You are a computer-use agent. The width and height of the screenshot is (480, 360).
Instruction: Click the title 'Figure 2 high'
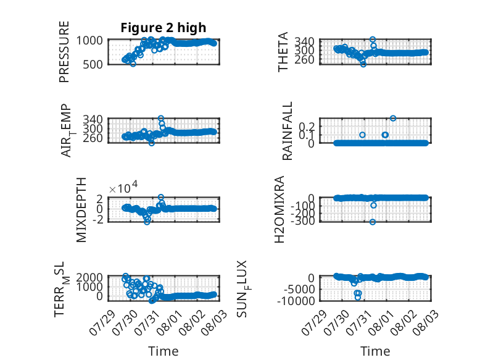tap(163, 28)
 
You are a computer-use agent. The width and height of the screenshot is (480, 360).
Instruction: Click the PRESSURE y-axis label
tap(64, 52)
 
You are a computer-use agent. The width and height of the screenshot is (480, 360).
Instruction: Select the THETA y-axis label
tap(283, 52)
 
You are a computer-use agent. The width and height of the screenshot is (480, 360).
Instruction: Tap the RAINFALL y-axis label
tap(287, 131)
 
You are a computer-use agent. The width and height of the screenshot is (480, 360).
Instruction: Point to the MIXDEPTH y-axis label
tap(81, 210)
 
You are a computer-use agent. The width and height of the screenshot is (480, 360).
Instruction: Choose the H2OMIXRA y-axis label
tap(279, 209)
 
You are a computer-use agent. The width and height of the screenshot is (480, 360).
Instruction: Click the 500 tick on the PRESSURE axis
tap(93, 65)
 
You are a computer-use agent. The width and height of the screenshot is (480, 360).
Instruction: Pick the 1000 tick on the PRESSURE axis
tap(89, 40)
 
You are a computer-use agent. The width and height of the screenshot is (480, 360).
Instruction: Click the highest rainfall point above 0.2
tap(393, 119)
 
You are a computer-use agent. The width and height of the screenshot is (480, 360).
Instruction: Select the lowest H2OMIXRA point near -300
tap(373, 222)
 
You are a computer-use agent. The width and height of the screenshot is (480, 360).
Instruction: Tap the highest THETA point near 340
tap(373, 40)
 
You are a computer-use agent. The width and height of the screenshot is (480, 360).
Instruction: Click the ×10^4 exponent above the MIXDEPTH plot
tap(123, 188)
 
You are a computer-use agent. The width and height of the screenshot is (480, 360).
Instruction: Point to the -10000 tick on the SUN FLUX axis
tap(296, 301)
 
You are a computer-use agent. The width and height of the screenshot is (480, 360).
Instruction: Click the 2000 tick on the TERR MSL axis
tap(89, 277)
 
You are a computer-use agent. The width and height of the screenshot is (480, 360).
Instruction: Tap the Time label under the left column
tap(163, 351)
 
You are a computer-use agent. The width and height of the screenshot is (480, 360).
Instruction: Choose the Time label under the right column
tap(375, 351)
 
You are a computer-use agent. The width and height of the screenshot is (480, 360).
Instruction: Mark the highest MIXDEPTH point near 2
tap(161, 198)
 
